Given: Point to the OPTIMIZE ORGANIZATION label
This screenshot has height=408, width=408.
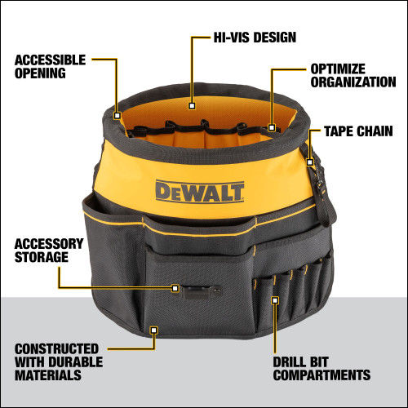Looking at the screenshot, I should pyautogui.click(x=352, y=77).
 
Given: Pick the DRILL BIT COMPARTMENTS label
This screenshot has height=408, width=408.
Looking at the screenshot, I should pyautogui.click(x=330, y=368).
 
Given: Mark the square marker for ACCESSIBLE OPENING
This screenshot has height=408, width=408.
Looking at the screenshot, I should pyautogui.click(x=118, y=116).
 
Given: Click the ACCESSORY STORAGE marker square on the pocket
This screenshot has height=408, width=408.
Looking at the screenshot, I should pyautogui.click(x=175, y=288).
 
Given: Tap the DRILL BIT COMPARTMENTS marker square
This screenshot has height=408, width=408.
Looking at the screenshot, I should pyautogui.click(x=275, y=300).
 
